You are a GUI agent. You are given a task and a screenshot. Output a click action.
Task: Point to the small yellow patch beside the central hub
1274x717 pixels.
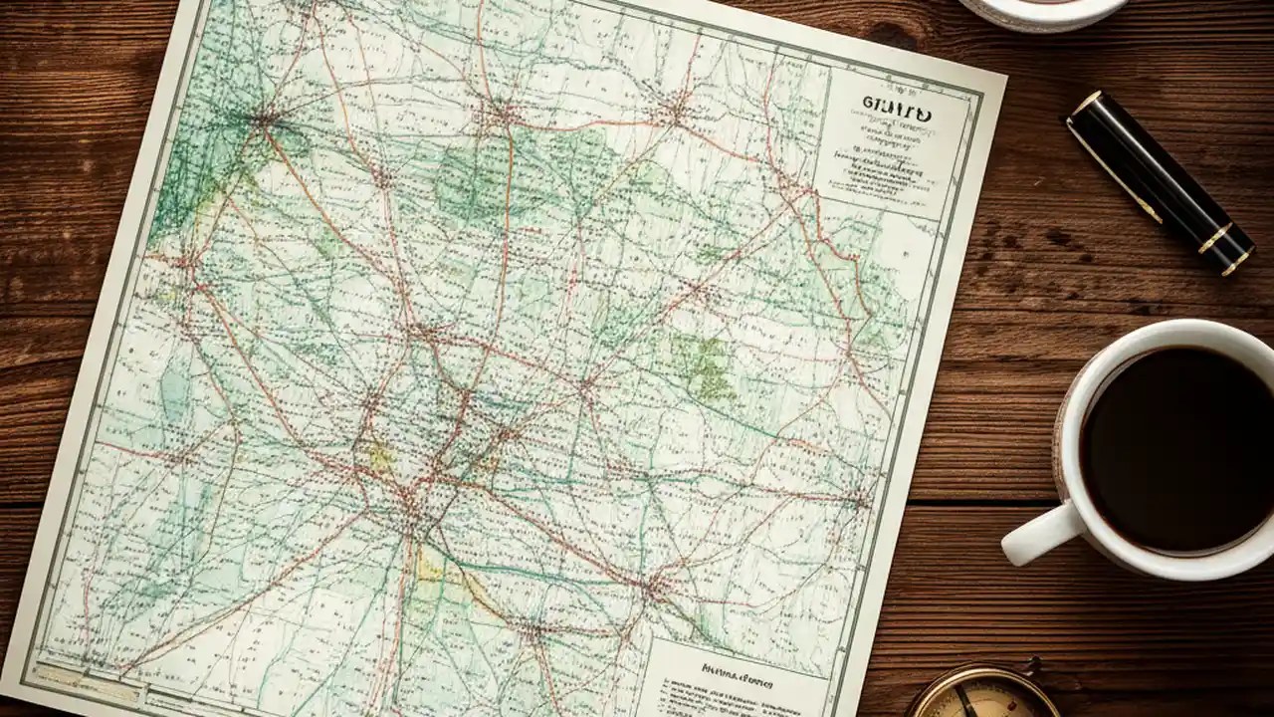(x=379, y=457)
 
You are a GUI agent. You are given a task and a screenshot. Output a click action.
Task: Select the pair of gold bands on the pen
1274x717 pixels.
(x=1224, y=249)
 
